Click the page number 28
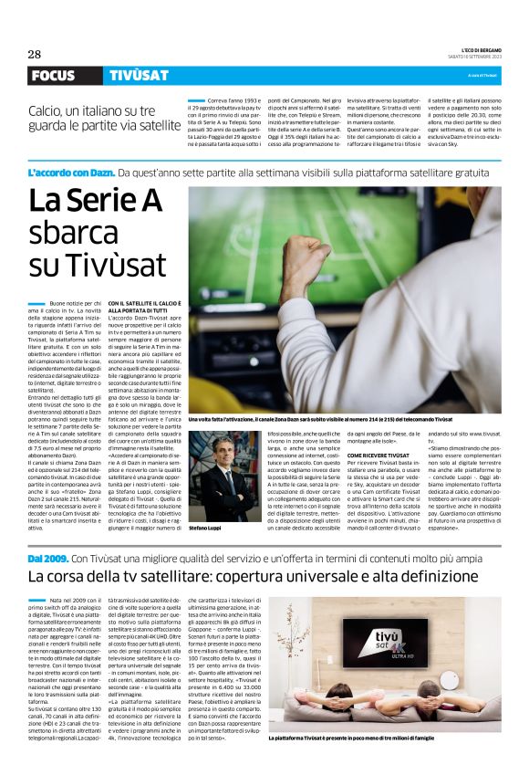pyautogui.click(x=34, y=53)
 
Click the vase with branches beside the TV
pyautogui.click(x=464, y=639)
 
